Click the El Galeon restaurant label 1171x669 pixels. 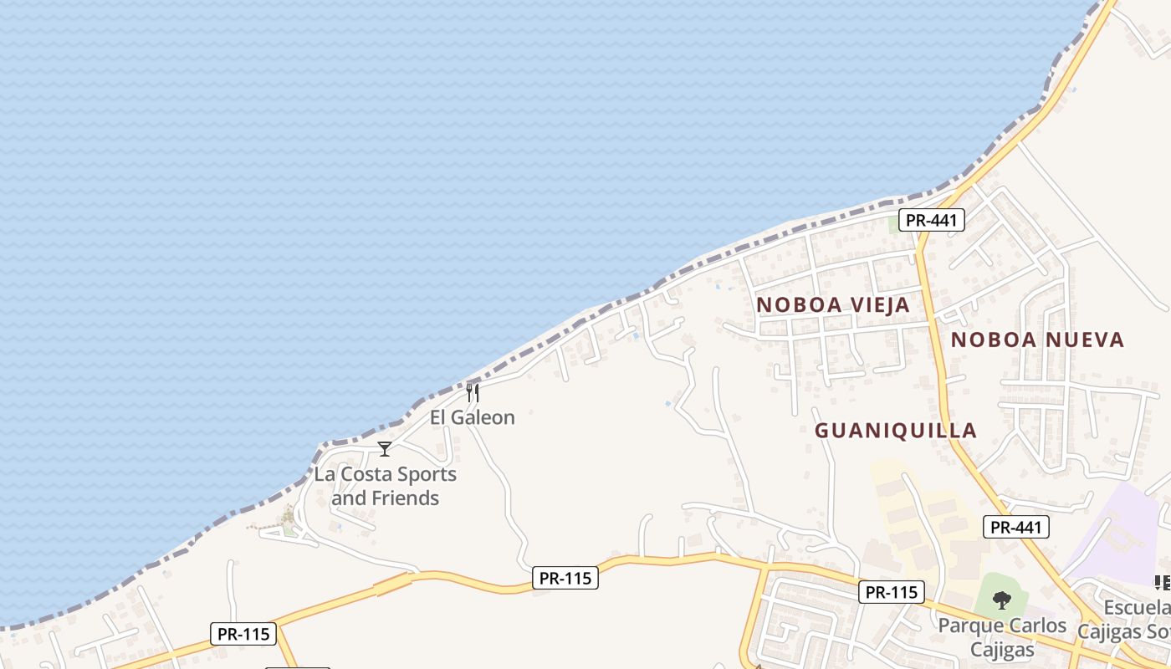click(x=473, y=416)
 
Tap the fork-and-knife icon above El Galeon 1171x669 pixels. click(x=473, y=393)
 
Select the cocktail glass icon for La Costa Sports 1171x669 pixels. click(x=384, y=449)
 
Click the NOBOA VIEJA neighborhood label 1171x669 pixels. click(x=833, y=305)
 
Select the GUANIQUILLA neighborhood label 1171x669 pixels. click(x=896, y=431)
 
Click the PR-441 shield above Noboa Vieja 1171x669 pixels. click(x=932, y=221)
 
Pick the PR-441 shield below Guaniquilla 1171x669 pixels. click(x=1015, y=527)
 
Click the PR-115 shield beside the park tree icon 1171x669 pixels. click(x=892, y=592)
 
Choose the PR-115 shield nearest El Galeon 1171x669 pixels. click(x=565, y=578)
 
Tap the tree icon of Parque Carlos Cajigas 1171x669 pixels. click(x=1001, y=600)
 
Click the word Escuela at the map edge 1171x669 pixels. click(x=1137, y=608)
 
